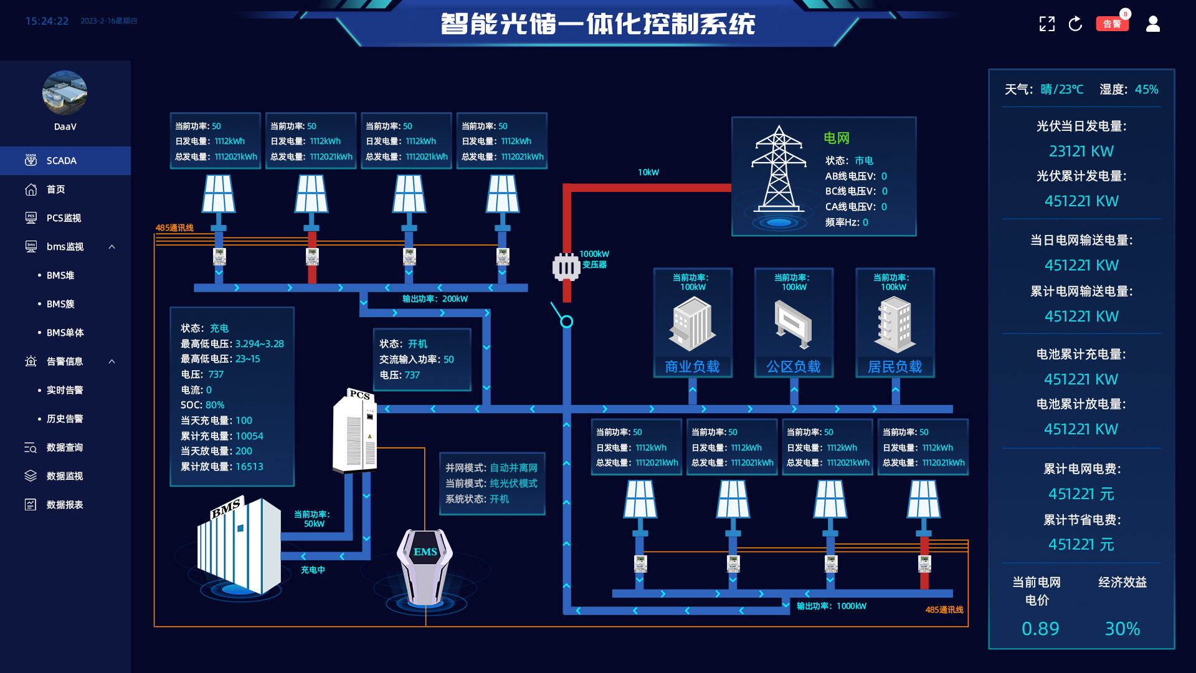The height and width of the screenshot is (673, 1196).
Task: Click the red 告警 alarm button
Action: tap(1112, 24)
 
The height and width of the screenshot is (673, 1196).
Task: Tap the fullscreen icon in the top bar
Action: tap(1047, 24)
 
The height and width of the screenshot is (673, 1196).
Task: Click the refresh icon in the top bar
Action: tap(1075, 24)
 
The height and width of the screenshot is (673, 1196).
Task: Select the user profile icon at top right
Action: tap(1153, 24)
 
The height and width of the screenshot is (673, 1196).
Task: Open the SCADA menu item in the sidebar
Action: tap(62, 161)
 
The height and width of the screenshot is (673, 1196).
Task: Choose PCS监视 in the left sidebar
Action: tap(64, 218)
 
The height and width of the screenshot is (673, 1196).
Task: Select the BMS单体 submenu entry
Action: tap(65, 333)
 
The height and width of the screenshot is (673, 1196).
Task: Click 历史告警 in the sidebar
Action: tap(65, 419)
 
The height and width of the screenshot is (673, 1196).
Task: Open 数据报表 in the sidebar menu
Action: tap(65, 505)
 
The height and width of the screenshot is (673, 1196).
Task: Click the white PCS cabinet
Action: tap(355, 431)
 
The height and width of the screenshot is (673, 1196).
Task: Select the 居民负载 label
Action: tap(895, 366)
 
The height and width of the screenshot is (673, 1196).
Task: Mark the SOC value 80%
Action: tap(215, 405)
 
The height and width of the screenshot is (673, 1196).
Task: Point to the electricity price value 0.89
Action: tap(1040, 629)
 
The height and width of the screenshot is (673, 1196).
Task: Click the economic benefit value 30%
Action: tap(1122, 629)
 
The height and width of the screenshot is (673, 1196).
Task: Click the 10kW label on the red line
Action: tap(648, 172)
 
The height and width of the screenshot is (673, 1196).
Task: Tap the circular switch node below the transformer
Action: tap(566, 322)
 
